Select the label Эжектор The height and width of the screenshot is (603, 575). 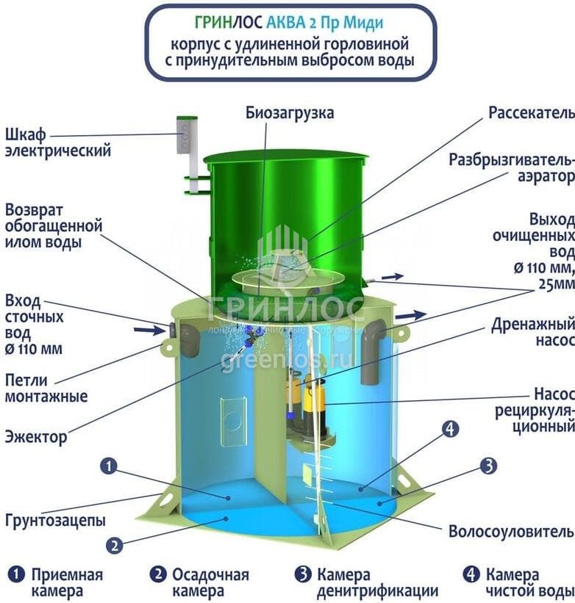coord(35,437)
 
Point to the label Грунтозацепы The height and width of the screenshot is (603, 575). coord(55,520)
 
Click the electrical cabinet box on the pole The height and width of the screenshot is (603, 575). coord(188,135)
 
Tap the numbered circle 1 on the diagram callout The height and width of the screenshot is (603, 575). coord(109,466)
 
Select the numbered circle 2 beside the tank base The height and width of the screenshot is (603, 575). coord(114,545)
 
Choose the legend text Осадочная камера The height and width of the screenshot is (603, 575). coord(210,582)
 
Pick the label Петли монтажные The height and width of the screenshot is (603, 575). coord(46,389)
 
